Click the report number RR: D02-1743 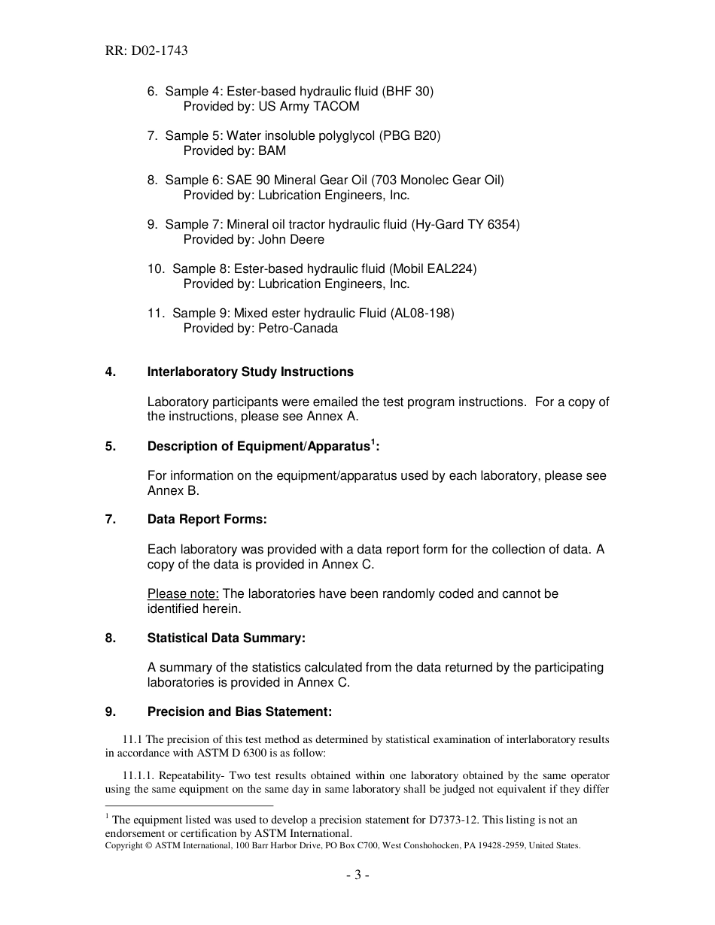click(x=146, y=51)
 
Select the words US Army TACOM click(x=309, y=106)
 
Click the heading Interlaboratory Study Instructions click(x=250, y=372)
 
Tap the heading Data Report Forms click(x=207, y=519)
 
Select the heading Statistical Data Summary click(x=226, y=638)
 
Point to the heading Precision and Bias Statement click(x=239, y=711)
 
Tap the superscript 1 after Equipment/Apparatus click(x=373, y=442)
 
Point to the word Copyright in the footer click(x=126, y=845)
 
